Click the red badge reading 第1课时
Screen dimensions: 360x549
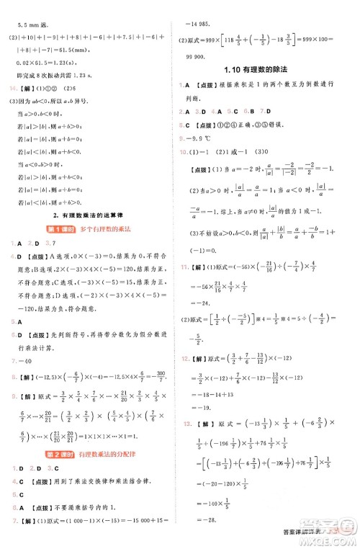coord(61,229)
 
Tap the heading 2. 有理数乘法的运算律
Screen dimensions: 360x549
coord(89,215)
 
